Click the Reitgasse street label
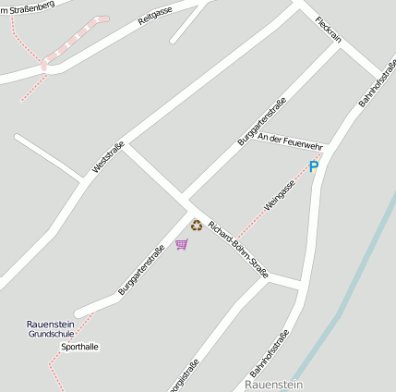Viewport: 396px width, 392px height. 155,16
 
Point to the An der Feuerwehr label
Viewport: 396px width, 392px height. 290,141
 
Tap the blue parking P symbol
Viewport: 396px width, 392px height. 313,167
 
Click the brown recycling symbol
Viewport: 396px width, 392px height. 196,225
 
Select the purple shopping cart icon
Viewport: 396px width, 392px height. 182,244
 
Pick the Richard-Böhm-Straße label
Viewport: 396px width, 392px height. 238,249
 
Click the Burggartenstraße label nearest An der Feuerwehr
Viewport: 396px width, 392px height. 261,121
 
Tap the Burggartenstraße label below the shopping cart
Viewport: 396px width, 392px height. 142,269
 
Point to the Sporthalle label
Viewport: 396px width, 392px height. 79,347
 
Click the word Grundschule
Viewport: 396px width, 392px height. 51,334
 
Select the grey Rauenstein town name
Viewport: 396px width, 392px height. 273,383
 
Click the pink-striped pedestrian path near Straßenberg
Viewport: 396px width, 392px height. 74,42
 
